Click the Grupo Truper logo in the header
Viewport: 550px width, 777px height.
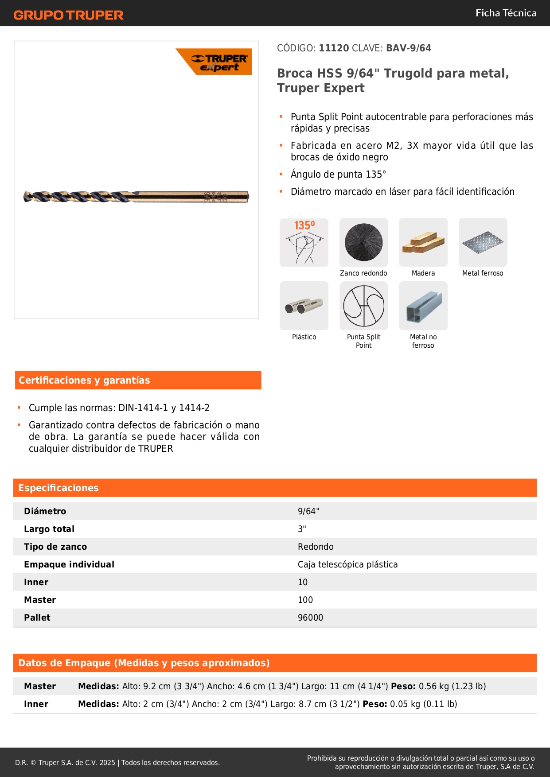click(68, 15)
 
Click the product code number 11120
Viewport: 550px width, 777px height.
click(334, 48)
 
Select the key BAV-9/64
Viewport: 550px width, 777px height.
click(408, 48)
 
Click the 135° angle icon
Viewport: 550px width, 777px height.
click(304, 242)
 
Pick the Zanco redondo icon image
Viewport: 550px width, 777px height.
click(363, 242)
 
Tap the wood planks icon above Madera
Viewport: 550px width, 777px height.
click(423, 242)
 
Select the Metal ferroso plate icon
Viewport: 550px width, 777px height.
click(483, 242)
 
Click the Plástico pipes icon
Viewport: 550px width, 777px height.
click(304, 306)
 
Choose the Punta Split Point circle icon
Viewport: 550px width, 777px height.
click(363, 306)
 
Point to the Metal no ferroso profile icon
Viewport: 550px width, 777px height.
click(423, 306)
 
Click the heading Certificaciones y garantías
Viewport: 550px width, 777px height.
click(84, 380)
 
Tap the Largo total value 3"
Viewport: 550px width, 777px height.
click(302, 529)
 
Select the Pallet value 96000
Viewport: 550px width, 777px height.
click(310, 618)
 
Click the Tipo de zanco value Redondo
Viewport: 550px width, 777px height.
click(316, 547)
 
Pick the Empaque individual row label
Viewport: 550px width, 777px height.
click(69, 564)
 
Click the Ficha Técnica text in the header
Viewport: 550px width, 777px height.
click(506, 13)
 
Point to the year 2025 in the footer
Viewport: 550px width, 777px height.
click(107, 762)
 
